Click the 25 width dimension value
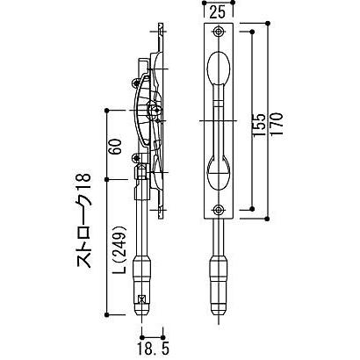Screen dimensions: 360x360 pyautogui.click(x=218, y=12)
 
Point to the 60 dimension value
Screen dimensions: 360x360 pyautogui.click(x=115, y=147)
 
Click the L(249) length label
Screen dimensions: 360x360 pyautogui.click(x=119, y=249)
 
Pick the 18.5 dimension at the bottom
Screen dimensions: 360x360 pyautogui.click(x=153, y=349)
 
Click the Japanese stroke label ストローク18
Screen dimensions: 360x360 pyautogui.click(x=84, y=220)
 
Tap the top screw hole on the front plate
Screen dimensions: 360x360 pyautogui.click(x=219, y=32)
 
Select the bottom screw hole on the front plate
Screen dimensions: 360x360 pyautogui.click(x=219, y=210)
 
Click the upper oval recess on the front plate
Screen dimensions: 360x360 pyautogui.click(x=219, y=68)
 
